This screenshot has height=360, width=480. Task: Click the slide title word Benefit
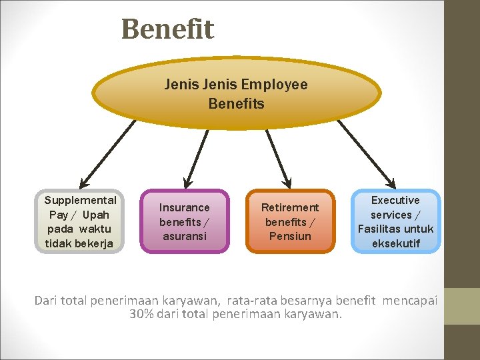(x=167, y=29)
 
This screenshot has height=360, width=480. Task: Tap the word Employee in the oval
(x=274, y=85)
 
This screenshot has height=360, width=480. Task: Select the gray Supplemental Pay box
(x=80, y=221)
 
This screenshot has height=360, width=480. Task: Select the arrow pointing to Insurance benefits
(x=195, y=157)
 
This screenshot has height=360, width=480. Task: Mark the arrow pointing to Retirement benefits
(x=279, y=157)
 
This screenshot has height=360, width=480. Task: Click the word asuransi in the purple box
(x=184, y=236)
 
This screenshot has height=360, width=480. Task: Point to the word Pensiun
(x=290, y=236)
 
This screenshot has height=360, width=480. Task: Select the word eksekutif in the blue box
(x=395, y=243)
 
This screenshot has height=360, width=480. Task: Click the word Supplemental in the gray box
(x=80, y=200)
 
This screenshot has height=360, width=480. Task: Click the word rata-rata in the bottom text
(x=254, y=301)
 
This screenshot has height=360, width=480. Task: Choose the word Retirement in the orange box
(x=290, y=207)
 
